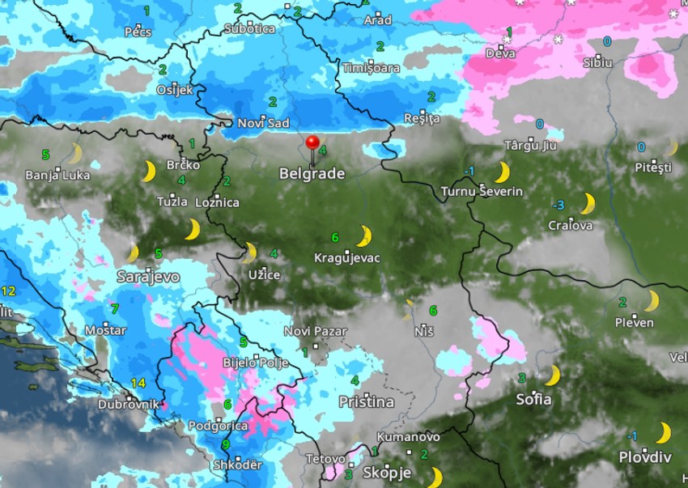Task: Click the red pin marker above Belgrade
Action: click(x=312, y=144)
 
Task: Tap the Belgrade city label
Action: click(x=312, y=173)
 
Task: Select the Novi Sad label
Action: click(x=263, y=123)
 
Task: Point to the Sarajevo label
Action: click(x=148, y=277)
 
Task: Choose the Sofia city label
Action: click(x=534, y=399)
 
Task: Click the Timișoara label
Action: click(x=371, y=68)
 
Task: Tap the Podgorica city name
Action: click(x=218, y=426)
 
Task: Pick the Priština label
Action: click(x=366, y=401)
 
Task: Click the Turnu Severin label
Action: click(x=482, y=192)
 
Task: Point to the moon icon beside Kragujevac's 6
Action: click(x=364, y=236)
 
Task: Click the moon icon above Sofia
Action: click(x=552, y=376)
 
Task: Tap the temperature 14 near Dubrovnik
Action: click(x=138, y=383)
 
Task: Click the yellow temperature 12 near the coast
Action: click(x=9, y=291)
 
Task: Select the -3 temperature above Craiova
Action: click(x=558, y=204)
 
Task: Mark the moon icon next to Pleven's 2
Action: click(x=650, y=301)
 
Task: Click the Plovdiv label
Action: click(x=645, y=457)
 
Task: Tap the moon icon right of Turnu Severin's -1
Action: click(x=502, y=172)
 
